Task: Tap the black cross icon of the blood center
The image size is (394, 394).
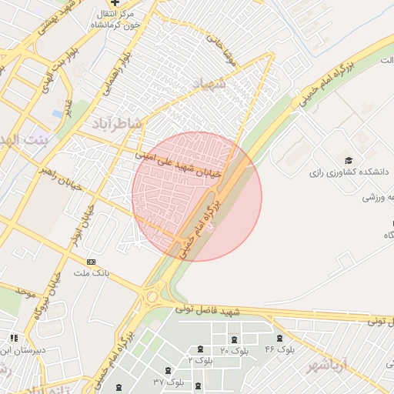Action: (x=115, y=3)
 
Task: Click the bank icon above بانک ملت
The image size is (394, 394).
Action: (x=92, y=262)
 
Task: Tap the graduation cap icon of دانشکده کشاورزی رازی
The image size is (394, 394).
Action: (x=349, y=160)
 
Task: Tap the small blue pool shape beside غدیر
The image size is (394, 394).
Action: (x=58, y=114)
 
